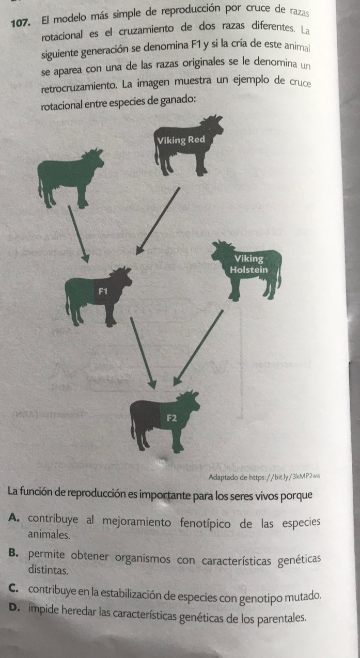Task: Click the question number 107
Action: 21,23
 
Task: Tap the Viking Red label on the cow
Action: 181,140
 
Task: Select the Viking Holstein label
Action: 249,264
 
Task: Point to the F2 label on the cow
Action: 172,418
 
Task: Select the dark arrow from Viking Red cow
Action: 158,221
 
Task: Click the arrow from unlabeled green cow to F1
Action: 79,234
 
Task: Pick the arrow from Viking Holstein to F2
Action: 198,348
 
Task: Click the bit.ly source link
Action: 284,477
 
